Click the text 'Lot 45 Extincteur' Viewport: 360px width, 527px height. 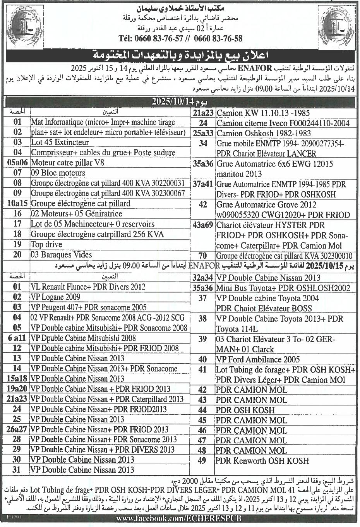pos(60,142)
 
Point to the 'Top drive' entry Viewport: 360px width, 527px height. pos(46,244)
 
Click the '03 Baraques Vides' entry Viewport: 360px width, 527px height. pos(61,255)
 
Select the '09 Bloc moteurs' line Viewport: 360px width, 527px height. pos(58,173)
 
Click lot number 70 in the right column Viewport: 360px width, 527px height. pos(203,256)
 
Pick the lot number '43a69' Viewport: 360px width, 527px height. pos(203,225)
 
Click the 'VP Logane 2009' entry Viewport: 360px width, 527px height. pos(55,297)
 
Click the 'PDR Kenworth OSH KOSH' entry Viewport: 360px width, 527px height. pos(262,461)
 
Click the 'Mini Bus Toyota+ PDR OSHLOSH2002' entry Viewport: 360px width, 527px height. pos(283,288)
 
